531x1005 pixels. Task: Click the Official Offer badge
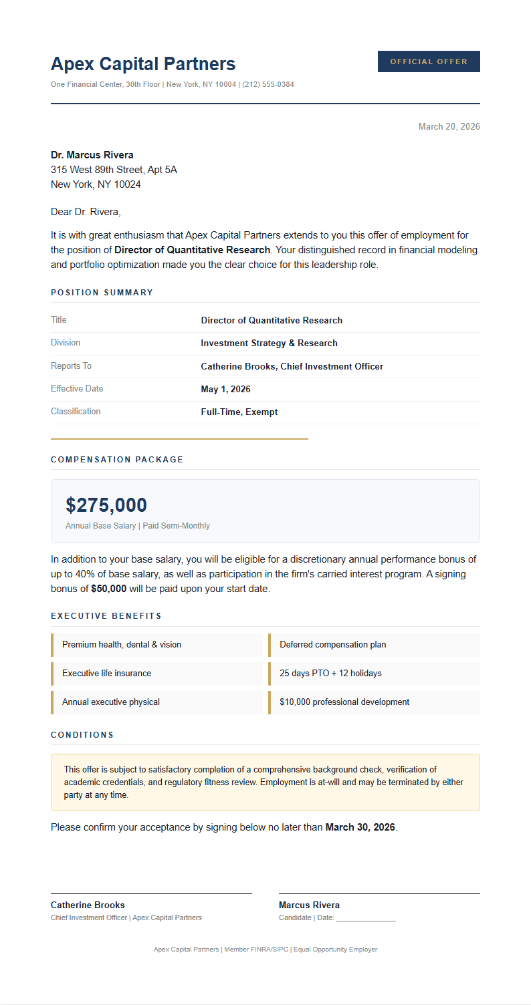click(x=429, y=61)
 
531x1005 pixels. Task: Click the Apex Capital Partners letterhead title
click(x=143, y=64)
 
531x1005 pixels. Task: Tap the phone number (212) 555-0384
click(x=268, y=85)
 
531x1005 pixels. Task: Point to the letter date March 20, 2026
click(x=449, y=127)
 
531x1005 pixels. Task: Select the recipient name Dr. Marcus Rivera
click(x=92, y=155)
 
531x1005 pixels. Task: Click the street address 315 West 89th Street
click(x=114, y=170)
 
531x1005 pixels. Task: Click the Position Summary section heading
click(x=102, y=293)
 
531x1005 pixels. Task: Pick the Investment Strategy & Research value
click(x=269, y=343)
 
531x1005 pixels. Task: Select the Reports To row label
click(x=71, y=366)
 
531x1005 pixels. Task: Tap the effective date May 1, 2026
click(x=225, y=390)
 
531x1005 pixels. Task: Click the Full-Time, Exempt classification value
click(x=239, y=412)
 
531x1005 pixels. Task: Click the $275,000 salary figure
click(x=106, y=505)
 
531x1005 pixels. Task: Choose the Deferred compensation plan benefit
click(x=332, y=645)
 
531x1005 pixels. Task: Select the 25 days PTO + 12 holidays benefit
click(x=330, y=674)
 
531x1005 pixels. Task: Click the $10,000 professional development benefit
click(x=344, y=702)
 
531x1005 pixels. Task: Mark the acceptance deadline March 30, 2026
click(x=360, y=827)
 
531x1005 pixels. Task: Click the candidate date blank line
click(x=366, y=919)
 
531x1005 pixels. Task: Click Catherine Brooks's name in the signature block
click(x=88, y=905)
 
